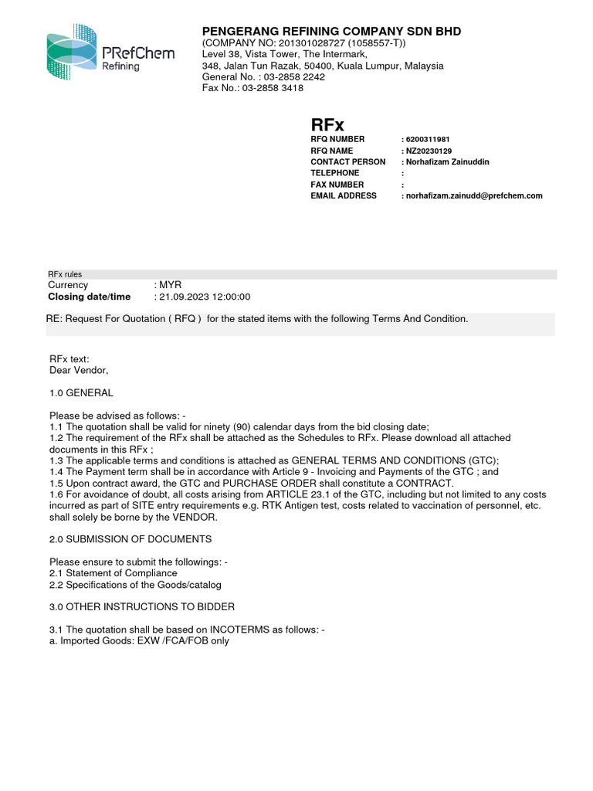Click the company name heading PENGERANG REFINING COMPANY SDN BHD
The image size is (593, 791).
coord(331,32)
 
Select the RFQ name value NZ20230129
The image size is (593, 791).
coord(429,151)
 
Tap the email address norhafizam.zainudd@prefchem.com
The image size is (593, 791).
coord(473,196)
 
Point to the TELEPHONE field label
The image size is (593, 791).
coord(334,174)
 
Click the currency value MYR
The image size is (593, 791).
coord(170,285)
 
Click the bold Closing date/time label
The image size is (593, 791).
coord(90,297)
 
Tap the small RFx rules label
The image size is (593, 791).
coord(65,274)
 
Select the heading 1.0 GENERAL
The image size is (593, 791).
coord(81,393)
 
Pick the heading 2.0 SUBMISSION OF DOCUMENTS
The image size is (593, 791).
coord(130,538)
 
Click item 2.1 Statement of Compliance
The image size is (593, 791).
coord(113,573)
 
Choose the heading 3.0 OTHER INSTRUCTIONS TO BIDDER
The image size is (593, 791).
coord(142,606)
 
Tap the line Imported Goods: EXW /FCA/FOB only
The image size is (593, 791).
coord(139,641)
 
